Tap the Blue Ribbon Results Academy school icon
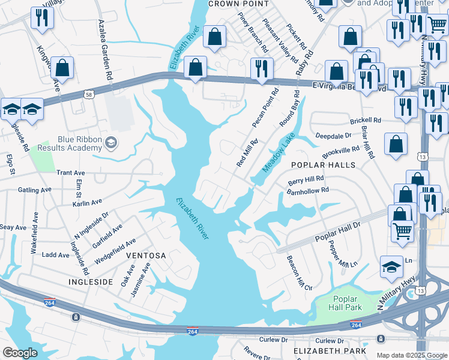(x=110, y=143)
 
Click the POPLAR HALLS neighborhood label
(x=323, y=165)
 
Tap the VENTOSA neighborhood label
(x=146, y=256)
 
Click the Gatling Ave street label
(x=35, y=190)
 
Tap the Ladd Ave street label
(x=56, y=255)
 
